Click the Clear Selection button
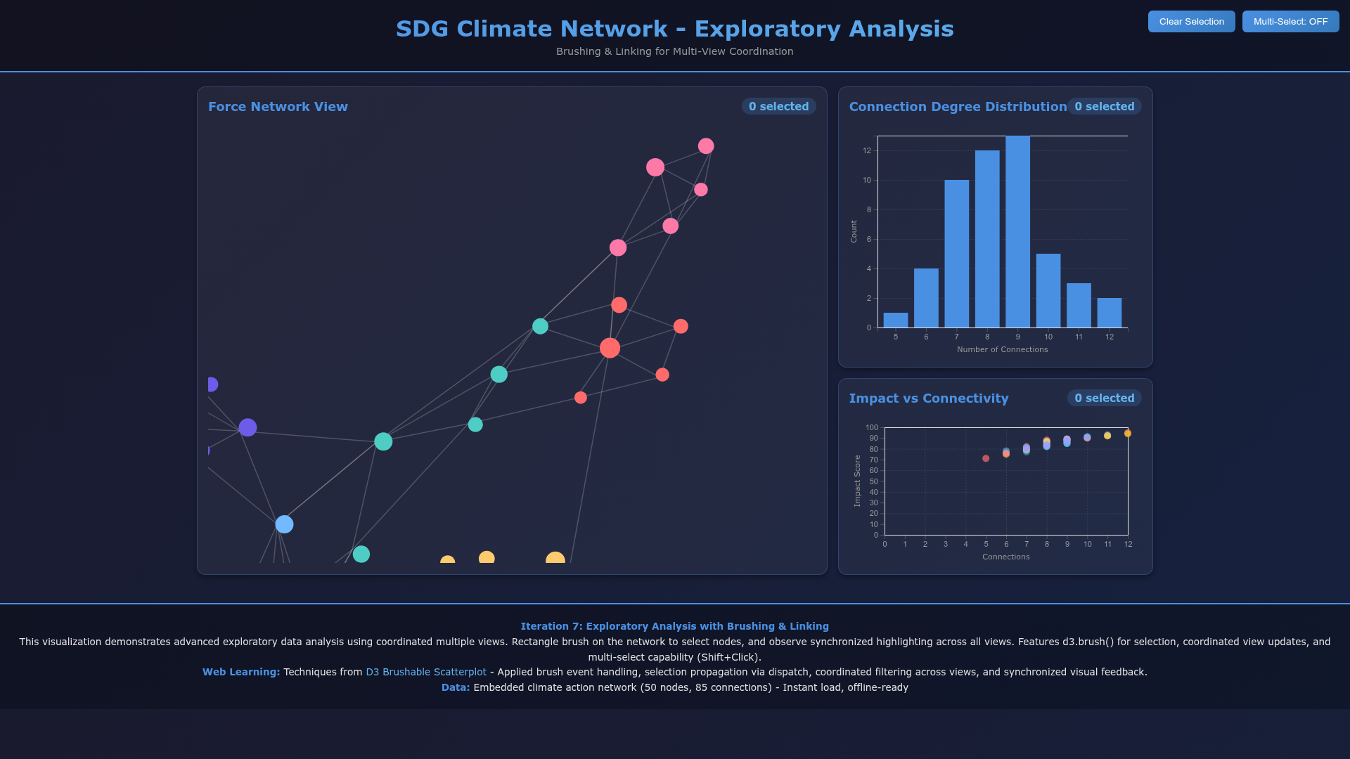pyautogui.click(x=1191, y=22)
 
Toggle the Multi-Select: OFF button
pyautogui.click(x=1290, y=22)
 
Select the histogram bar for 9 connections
pyautogui.click(x=1017, y=232)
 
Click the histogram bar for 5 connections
pyautogui.click(x=895, y=320)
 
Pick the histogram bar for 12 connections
pyautogui.click(x=1109, y=313)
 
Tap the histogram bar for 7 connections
pyautogui.click(x=956, y=254)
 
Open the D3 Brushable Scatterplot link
pyautogui.click(x=425, y=673)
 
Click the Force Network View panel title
pyautogui.click(x=278, y=107)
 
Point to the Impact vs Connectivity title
pyautogui.click(x=928, y=398)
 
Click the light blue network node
pyautogui.click(x=284, y=524)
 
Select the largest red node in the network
pyautogui.click(x=610, y=348)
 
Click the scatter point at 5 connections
pyautogui.click(x=986, y=458)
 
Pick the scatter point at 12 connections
pyautogui.click(x=1128, y=434)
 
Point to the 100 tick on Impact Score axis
pyautogui.click(x=872, y=427)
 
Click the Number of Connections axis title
pyautogui.click(x=1002, y=350)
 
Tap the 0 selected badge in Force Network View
pyautogui.click(x=778, y=107)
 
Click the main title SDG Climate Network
pyautogui.click(x=674, y=29)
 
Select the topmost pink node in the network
pyautogui.click(x=706, y=145)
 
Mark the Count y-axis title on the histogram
pyautogui.click(x=854, y=231)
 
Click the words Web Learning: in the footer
pyautogui.click(x=241, y=673)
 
